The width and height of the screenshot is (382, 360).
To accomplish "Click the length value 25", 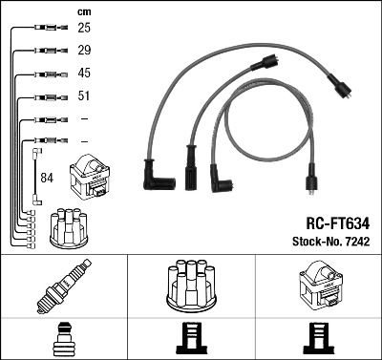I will (83, 28).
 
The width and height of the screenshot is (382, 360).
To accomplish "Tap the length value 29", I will (83, 50).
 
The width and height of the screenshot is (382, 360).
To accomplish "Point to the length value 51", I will (83, 96).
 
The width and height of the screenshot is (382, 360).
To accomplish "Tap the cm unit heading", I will (83, 11).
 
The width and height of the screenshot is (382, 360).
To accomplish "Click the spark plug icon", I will (63, 286).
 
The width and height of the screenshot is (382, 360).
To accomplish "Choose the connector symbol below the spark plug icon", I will (64, 340).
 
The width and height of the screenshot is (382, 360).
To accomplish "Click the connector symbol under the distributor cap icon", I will (190, 340).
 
